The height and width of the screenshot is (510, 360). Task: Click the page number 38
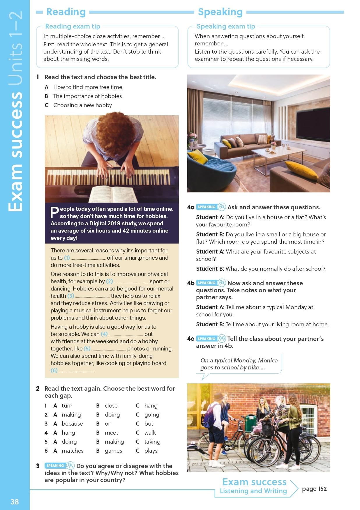click(15, 501)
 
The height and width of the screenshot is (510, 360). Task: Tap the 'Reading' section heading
click(66, 12)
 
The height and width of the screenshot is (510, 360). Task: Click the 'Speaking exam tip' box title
click(226, 26)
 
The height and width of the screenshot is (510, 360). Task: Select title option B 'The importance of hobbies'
click(87, 96)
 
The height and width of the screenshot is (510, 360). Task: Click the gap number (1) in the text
click(67, 258)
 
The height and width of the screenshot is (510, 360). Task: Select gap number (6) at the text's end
click(54, 370)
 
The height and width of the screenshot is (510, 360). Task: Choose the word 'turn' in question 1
click(67, 405)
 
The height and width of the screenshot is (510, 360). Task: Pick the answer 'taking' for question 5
click(152, 442)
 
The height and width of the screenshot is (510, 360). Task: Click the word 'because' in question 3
click(72, 424)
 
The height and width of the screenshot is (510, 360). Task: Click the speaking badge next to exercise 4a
click(207, 207)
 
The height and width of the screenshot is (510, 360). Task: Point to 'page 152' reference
click(314, 489)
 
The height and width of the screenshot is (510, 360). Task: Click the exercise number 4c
click(191, 339)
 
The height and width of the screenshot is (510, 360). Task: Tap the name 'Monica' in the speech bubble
click(268, 360)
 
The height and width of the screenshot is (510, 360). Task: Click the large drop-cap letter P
click(54, 213)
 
